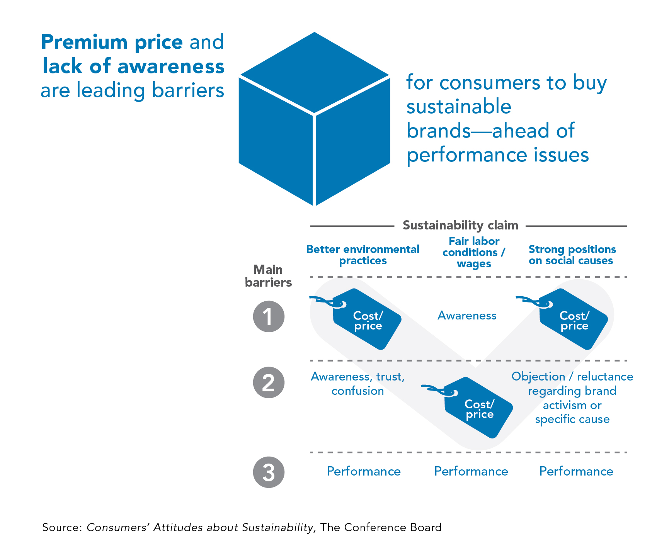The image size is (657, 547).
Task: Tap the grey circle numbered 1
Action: point(269,316)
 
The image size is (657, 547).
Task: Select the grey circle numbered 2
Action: point(269,382)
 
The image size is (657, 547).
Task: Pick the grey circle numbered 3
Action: point(269,472)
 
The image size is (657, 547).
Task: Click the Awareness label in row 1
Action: point(467,316)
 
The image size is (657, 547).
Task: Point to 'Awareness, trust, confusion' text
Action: point(358,384)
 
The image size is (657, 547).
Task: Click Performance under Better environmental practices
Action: point(364,471)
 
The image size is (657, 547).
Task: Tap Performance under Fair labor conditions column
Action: point(471,471)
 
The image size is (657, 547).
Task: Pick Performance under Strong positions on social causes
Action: point(576,471)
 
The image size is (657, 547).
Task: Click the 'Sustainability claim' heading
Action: point(460,225)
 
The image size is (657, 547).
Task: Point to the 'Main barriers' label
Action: point(268,276)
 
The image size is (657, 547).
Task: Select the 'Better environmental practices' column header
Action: point(363,255)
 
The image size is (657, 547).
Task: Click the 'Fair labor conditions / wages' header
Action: point(474,252)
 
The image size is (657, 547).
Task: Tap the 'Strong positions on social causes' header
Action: point(572,255)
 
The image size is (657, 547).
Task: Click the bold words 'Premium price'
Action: point(112,42)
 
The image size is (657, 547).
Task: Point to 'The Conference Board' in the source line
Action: point(381,527)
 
